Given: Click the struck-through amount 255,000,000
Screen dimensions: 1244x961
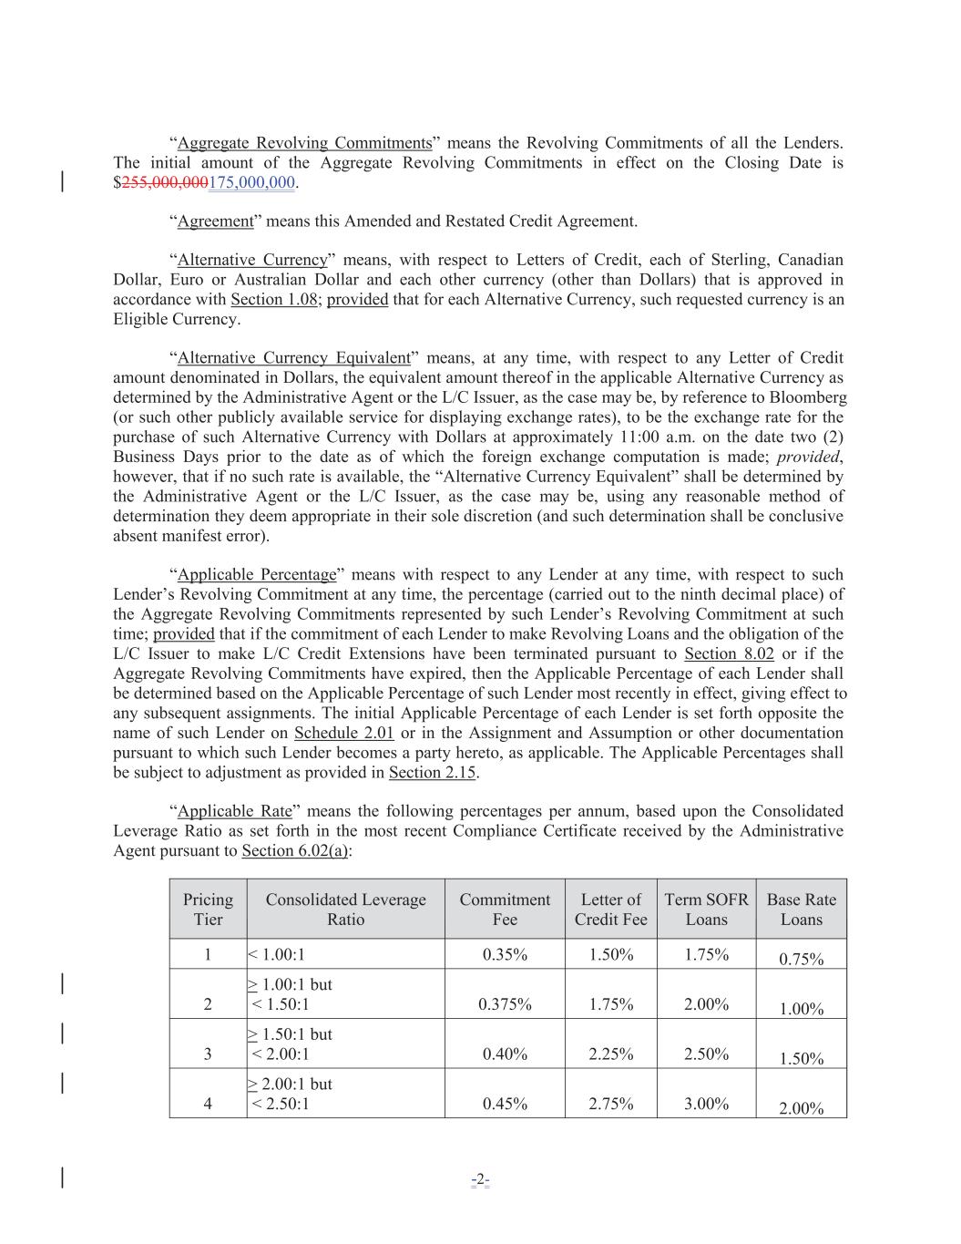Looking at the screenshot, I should coord(165,183).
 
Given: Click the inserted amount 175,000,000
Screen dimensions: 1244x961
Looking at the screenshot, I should coord(252,183).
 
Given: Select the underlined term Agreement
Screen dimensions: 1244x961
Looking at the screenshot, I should coord(215,221).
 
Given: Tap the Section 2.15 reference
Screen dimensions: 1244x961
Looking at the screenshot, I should coord(433,773).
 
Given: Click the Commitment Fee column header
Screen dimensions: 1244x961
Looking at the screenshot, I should coord(505,910).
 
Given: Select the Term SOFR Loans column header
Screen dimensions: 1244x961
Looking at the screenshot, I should coord(706,910).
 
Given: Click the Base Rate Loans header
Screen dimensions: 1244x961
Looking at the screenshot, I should coord(801,910).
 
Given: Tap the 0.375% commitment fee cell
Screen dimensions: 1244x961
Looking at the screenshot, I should coord(505,1004).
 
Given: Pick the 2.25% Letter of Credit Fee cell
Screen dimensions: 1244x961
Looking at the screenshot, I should coord(610,1054).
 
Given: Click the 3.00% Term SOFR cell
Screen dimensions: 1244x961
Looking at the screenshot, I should coord(706,1104).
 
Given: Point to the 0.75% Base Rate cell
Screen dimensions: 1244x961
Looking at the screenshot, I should coord(802,959).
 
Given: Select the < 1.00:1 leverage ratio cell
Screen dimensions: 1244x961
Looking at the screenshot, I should coord(277,955).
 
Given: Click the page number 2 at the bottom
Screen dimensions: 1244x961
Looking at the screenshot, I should coord(480,1178).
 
